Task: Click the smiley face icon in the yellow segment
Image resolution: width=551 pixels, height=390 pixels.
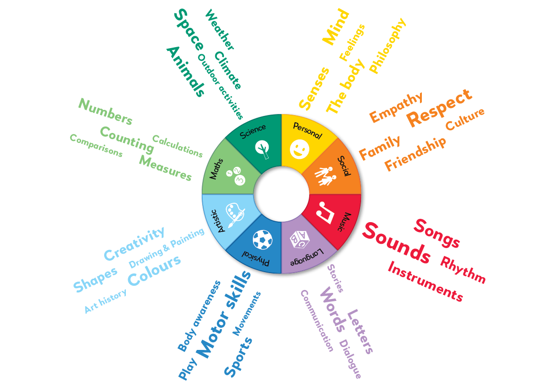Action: tap(299, 149)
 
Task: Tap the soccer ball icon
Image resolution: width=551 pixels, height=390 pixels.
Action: tap(263, 240)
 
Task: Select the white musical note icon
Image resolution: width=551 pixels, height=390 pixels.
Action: tap(326, 212)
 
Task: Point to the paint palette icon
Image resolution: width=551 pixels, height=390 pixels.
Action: tap(234, 214)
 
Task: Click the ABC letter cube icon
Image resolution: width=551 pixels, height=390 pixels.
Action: tap(299, 240)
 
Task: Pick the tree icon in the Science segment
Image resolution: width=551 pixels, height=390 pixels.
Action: tap(262, 149)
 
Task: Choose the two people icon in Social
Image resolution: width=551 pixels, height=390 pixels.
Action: tap(326, 175)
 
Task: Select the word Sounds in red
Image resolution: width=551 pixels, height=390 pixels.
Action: tap(397, 243)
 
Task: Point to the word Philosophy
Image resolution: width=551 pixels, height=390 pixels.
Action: tap(388, 46)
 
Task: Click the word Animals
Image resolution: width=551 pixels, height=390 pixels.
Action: tap(186, 71)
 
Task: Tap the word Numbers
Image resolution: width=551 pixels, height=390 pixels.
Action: tap(106, 111)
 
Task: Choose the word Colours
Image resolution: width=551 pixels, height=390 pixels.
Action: tap(154, 270)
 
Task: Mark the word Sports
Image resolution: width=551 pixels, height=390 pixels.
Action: tap(238, 357)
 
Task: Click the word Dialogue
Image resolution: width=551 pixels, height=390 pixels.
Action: tap(350, 359)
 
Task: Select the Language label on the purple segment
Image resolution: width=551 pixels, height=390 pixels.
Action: tap(306, 258)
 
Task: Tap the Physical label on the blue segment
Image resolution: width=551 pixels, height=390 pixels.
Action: tap(255, 258)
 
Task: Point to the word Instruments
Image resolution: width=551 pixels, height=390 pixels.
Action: tap(426, 282)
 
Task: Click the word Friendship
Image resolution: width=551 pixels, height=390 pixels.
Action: tap(415, 154)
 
